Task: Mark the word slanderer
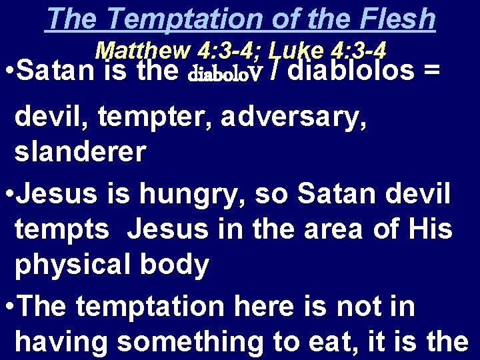tap(80, 153)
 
